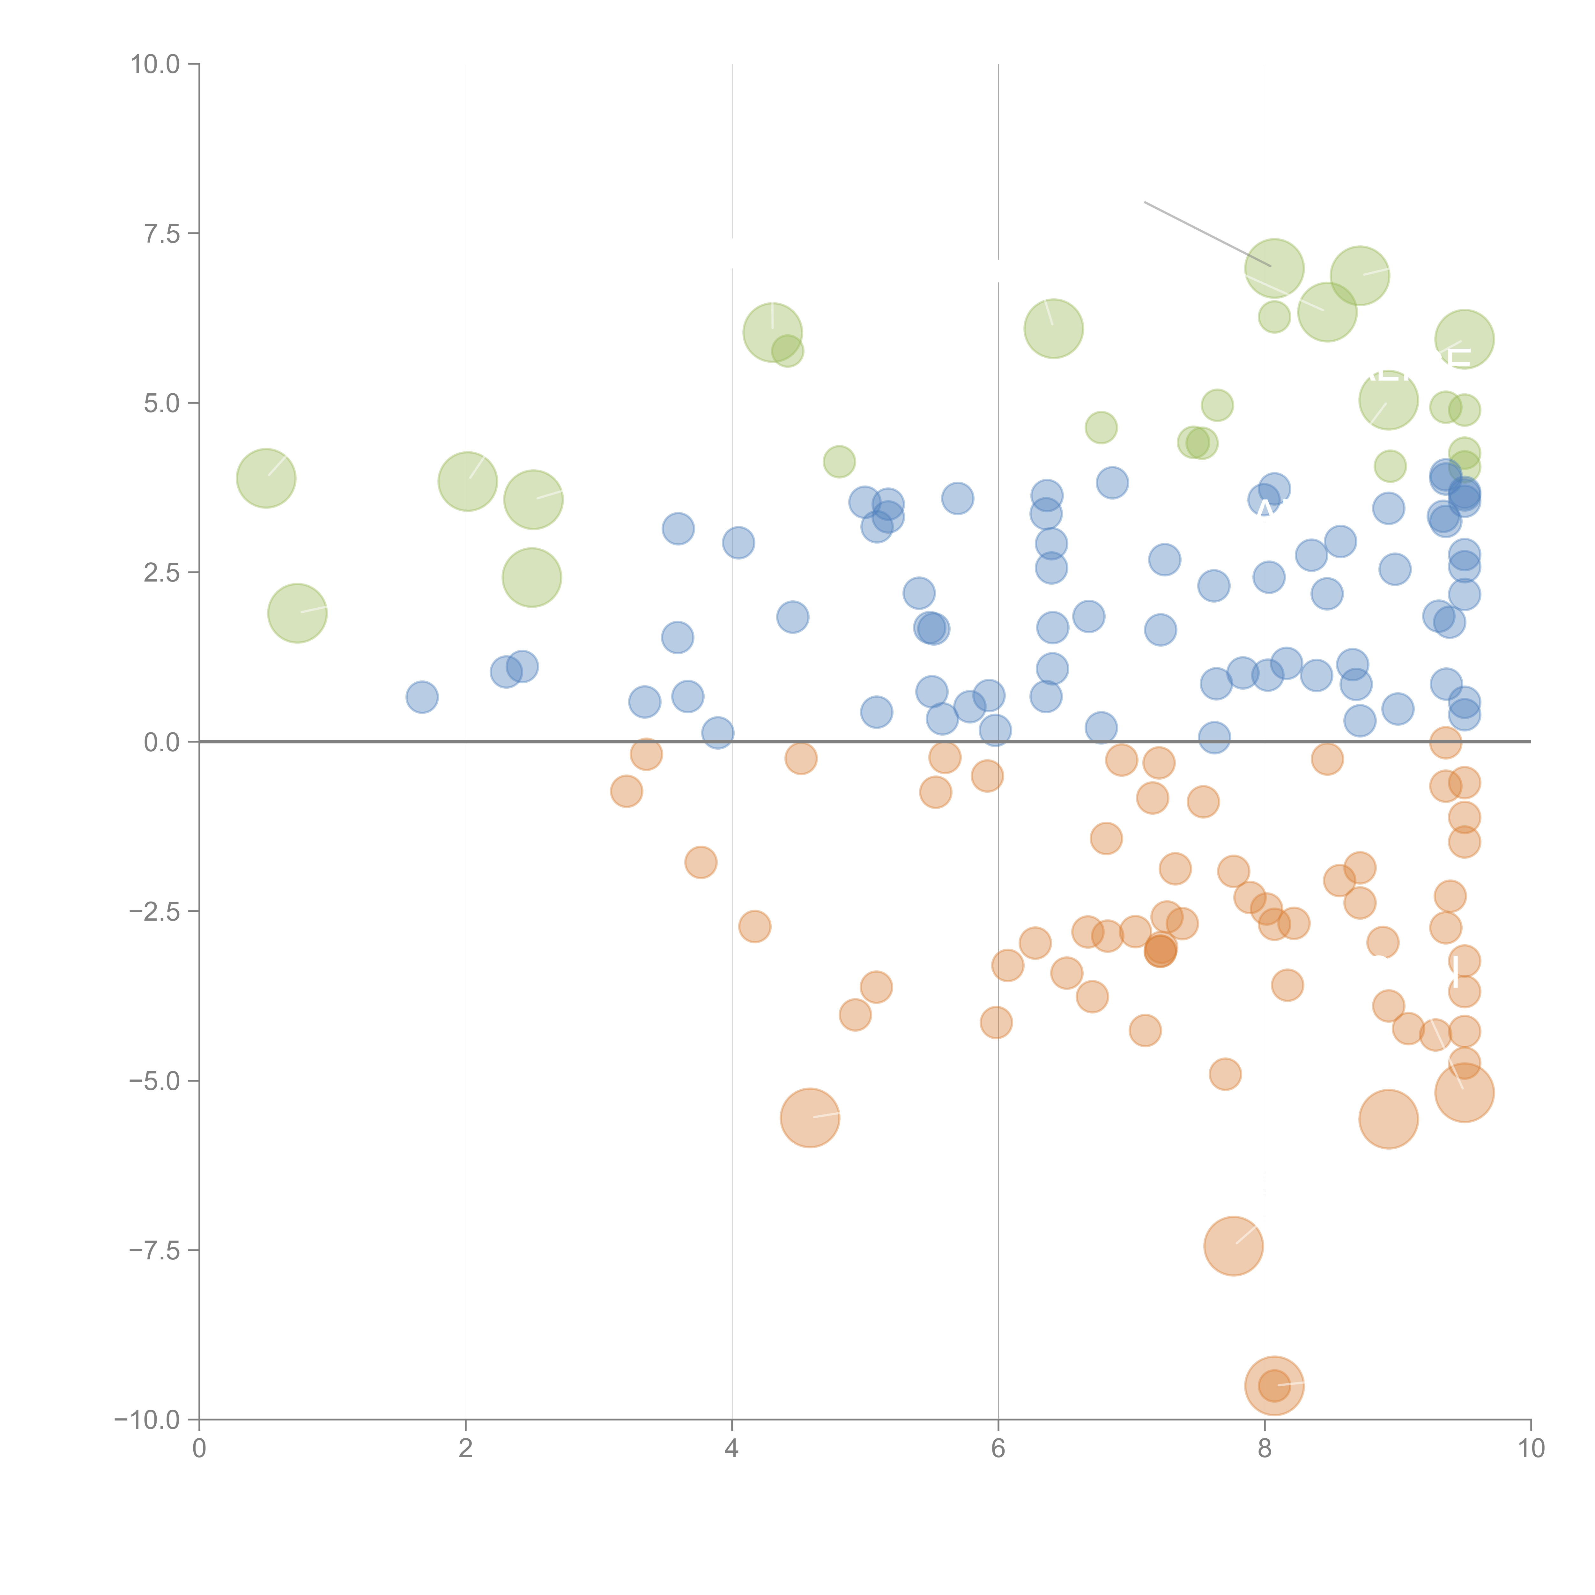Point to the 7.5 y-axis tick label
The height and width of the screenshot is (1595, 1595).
162,234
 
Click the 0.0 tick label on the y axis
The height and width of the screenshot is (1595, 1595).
162,742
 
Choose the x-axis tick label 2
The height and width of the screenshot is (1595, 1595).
466,1449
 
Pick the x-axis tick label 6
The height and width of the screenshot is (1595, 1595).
998,1449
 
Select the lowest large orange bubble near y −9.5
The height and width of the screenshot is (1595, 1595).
1274,1386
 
